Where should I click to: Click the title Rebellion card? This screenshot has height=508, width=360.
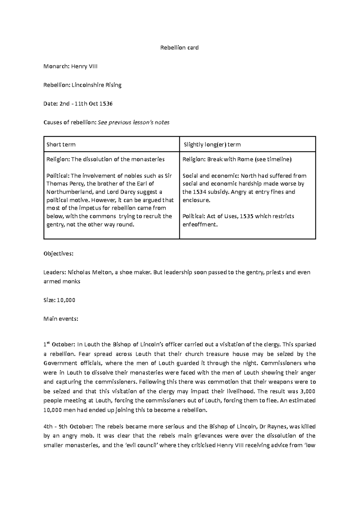pyautogui.click(x=179, y=48)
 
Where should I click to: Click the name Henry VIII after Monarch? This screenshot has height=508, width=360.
pyautogui.click(x=84, y=66)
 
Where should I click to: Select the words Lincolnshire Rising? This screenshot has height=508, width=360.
pyautogui.click(x=96, y=85)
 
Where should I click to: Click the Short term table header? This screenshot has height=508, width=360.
pyautogui.click(x=61, y=145)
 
